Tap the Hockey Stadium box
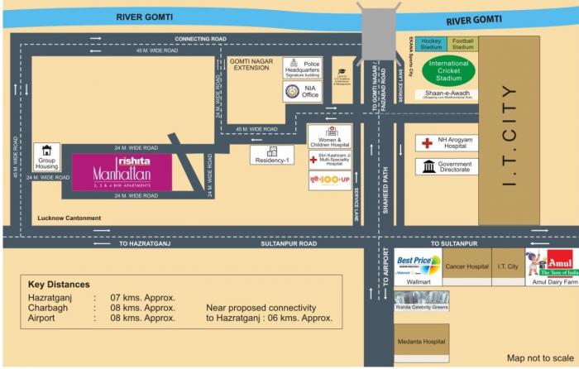432,43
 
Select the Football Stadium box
463,43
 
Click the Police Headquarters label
309,65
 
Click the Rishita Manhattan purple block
122,172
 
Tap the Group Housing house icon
47,151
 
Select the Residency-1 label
273,159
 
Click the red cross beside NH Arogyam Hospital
427,143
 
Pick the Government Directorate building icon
428,167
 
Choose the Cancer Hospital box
467,266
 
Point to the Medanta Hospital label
421,341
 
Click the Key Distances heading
60,284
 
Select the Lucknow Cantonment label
69,218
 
